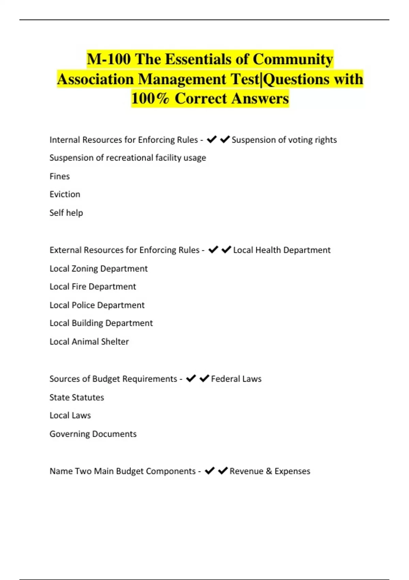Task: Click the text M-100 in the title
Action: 108,59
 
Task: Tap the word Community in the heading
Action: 293,59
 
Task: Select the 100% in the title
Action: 150,99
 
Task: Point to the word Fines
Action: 60,176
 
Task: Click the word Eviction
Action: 65,194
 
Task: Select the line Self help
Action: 66,213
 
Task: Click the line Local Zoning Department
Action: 99,269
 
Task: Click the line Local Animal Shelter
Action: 89,342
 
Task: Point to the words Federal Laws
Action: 236,379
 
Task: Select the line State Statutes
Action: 77,397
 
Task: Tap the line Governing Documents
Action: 93,434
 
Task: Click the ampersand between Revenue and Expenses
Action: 269,471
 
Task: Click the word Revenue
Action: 246,471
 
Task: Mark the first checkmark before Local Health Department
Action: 213,250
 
